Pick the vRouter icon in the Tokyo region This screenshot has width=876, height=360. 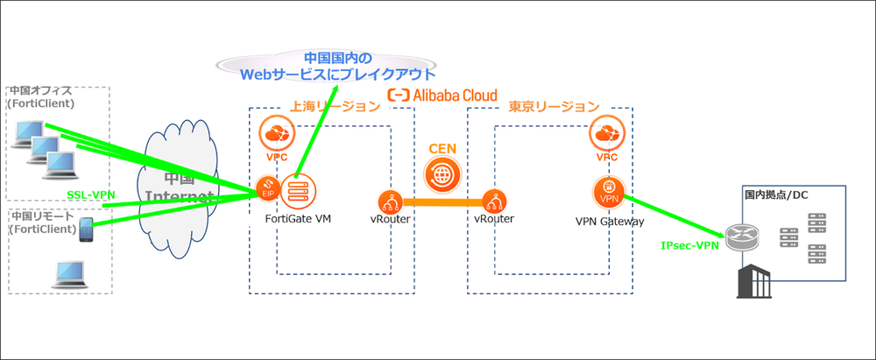click(x=494, y=203)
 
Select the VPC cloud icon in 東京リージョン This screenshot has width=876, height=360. click(x=607, y=136)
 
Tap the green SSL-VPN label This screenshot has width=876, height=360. click(x=92, y=194)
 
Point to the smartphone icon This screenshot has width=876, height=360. click(x=87, y=230)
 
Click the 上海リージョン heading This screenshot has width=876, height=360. click(x=336, y=106)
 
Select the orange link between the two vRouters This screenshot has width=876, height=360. click(x=442, y=203)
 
